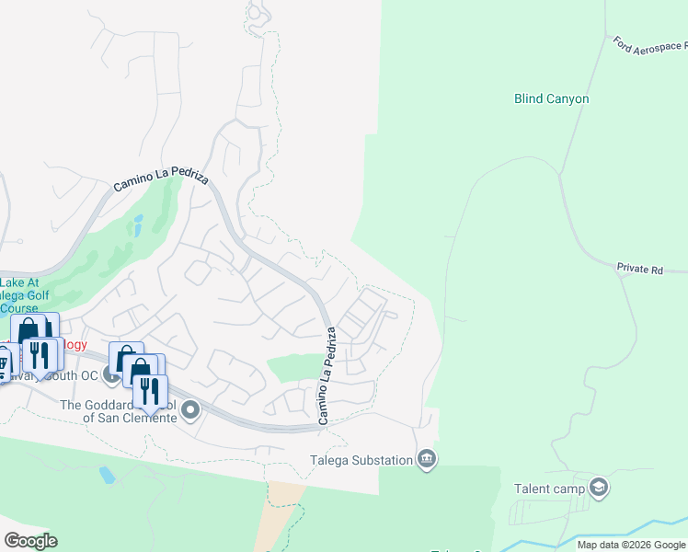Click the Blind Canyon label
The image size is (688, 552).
pos(551,98)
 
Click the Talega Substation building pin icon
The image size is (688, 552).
pos(426,458)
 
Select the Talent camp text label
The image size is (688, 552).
pos(549,488)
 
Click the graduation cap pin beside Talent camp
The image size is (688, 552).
pos(599,487)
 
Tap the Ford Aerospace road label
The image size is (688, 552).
pos(649,45)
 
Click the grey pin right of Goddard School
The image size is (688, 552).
pos(190,409)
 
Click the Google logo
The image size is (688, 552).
pos(30,541)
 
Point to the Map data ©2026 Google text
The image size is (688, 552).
pos(631,545)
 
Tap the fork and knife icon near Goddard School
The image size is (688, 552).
pos(150,391)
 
